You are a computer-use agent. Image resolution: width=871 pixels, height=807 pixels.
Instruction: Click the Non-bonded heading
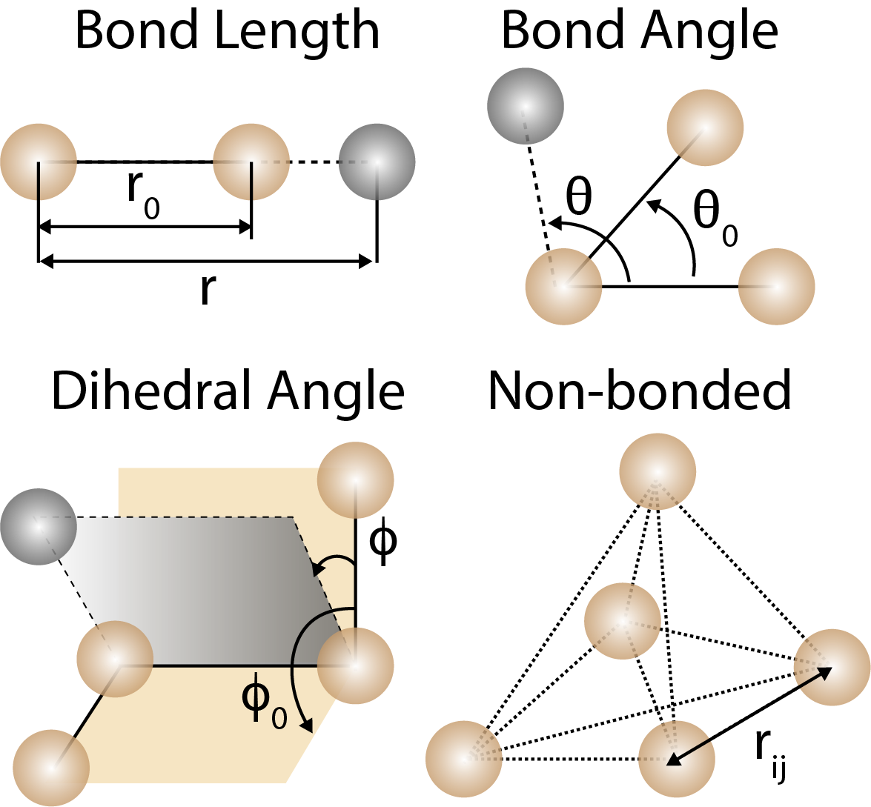point(639,391)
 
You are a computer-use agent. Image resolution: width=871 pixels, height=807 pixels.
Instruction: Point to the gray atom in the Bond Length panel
point(377,162)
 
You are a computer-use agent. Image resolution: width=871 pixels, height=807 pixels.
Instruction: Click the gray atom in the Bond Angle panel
point(525,105)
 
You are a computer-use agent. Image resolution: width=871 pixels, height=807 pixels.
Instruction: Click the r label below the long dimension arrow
point(207,290)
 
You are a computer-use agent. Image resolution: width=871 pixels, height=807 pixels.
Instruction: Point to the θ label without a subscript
point(578,197)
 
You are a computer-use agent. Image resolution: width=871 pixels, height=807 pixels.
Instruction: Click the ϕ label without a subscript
point(382,544)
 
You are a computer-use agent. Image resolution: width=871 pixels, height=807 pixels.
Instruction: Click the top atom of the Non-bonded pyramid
point(658,472)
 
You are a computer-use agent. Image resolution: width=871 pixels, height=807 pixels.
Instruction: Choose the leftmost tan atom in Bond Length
point(39,162)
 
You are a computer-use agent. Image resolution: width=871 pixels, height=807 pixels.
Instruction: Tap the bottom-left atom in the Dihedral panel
point(51,767)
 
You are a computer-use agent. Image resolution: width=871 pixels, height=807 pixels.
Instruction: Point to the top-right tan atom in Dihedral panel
point(355,479)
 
